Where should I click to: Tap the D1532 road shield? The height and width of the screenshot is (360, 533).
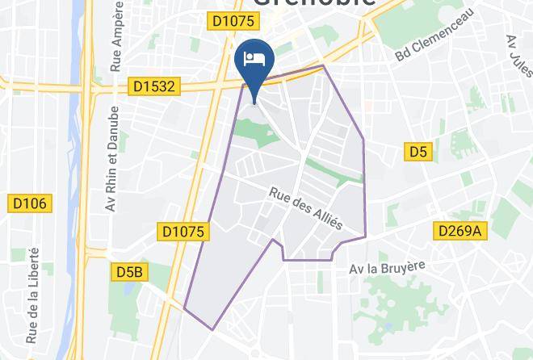pos(152,86)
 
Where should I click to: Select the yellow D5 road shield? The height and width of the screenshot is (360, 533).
pos(417,152)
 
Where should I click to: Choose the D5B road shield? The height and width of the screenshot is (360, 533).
pos(128,272)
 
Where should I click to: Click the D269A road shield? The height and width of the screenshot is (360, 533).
pos(460,231)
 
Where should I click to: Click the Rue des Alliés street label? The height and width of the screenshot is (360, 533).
pos(305,207)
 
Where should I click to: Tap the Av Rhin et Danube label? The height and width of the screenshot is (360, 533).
pos(111,160)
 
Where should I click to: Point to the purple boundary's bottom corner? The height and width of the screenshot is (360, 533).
pos(212,329)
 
